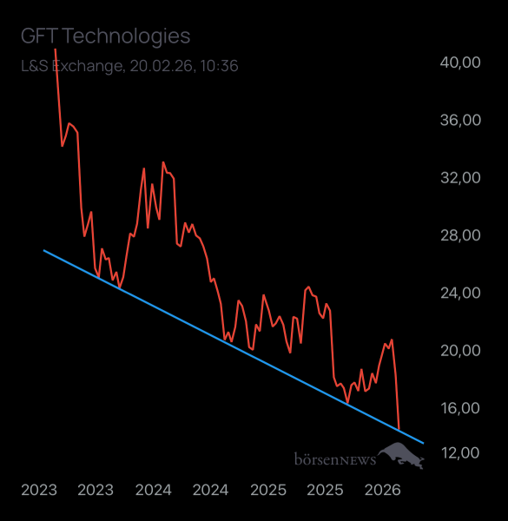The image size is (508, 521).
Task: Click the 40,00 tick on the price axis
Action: click(459, 63)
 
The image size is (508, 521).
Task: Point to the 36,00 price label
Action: click(459, 120)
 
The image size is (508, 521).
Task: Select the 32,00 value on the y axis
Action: click(459, 177)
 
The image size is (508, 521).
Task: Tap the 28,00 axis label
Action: click(459, 235)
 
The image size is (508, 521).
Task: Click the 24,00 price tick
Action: click(459, 293)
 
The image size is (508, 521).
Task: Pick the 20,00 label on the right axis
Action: click(459, 350)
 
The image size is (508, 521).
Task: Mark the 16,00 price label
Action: click(459, 408)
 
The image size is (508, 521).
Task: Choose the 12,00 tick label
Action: click(459, 452)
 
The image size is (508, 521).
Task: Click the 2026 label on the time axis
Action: click(383, 490)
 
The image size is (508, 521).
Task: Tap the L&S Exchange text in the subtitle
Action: click(71, 65)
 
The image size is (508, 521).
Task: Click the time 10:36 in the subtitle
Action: click(221, 65)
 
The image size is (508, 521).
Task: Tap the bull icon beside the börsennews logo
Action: click(402, 454)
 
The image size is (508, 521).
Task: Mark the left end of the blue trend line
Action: click(43, 250)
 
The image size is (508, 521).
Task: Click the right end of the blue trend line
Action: click(424, 443)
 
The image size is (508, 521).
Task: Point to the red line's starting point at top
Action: click(55, 49)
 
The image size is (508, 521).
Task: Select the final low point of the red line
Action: click(399, 429)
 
